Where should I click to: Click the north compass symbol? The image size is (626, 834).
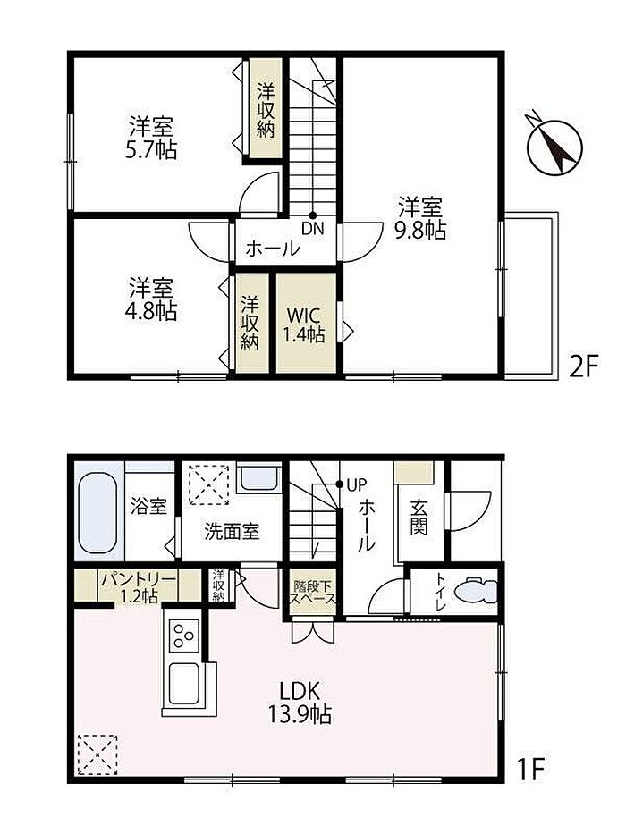[555, 146]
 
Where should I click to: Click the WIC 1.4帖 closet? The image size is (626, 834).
[306, 323]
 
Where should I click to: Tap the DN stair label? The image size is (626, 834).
[313, 229]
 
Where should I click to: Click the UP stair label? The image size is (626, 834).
[356, 485]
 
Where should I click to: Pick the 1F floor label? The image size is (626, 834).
[529, 768]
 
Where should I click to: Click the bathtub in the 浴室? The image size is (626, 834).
[97, 512]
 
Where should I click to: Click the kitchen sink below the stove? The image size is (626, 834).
[183, 684]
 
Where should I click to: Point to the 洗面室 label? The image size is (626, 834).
[232, 531]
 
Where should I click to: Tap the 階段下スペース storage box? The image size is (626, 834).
[312, 592]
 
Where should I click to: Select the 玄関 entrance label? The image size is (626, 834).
[419, 518]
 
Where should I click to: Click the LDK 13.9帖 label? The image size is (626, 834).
[300, 703]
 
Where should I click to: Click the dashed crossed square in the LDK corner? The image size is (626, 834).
[97, 754]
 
